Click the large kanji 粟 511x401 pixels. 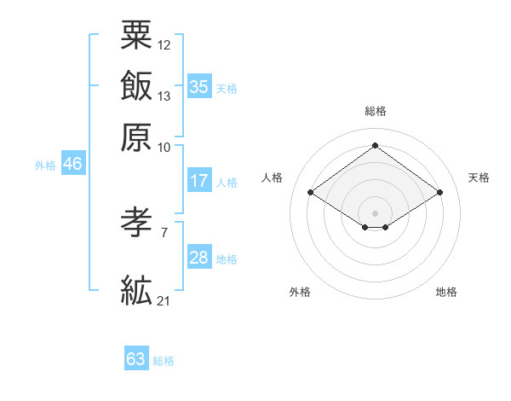[136, 35]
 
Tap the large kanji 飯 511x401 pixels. [136, 85]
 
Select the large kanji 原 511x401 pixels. [136, 137]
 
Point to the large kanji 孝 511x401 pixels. [136, 222]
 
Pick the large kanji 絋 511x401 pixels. [136, 290]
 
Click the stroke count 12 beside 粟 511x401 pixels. [164, 45]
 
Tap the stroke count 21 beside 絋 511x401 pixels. [164, 301]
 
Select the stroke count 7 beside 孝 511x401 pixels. [164, 233]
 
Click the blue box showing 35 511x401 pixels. [199, 86]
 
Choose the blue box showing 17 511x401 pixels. [199, 180]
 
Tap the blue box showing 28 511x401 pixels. [199, 256]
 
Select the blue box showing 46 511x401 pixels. [73, 163]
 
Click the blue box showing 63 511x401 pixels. [136, 357]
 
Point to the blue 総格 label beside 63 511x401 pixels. [164, 361]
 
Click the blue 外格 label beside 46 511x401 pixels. [45, 166]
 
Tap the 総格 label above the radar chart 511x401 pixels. [376, 111]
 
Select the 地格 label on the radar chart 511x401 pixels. [446, 292]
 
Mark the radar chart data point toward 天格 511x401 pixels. [439, 192]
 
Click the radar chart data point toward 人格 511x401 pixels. [311, 192]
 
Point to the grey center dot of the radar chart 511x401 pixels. [375, 213]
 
